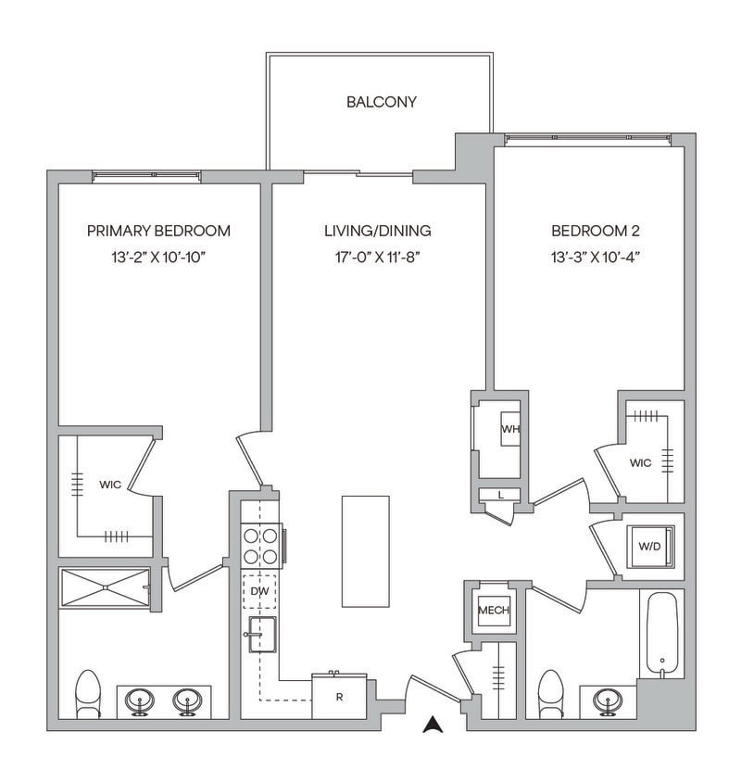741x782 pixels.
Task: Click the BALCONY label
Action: pyautogui.click(x=381, y=102)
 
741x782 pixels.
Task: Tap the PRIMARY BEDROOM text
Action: pyautogui.click(x=158, y=231)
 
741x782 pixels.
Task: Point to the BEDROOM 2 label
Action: pyautogui.click(x=596, y=231)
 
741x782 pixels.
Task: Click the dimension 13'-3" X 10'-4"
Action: pyautogui.click(x=596, y=257)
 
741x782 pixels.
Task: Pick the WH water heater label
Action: pyautogui.click(x=509, y=429)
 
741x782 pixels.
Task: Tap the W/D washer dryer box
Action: pyautogui.click(x=649, y=546)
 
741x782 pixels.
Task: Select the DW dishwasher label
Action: pyautogui.click(x=259, y=590)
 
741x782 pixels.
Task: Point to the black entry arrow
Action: pyautogui.click(x=432, y=725)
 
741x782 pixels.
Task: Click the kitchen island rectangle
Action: pyautogui.click(x=365, y=550)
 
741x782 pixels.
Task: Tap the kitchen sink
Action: pyautogui.click(x=262, y=636)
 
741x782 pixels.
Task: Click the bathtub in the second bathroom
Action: pyautogui.click(x=661, y=636)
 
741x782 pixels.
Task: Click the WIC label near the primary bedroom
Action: pyautogui.click(x=111, y=484)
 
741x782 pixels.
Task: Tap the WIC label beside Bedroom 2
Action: pyautogui.click(x=640, y=462)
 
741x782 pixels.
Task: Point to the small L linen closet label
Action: pyautogui.click(x=500, y=495)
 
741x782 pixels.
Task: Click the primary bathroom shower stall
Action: pyautogui.click(x=105, y=587)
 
